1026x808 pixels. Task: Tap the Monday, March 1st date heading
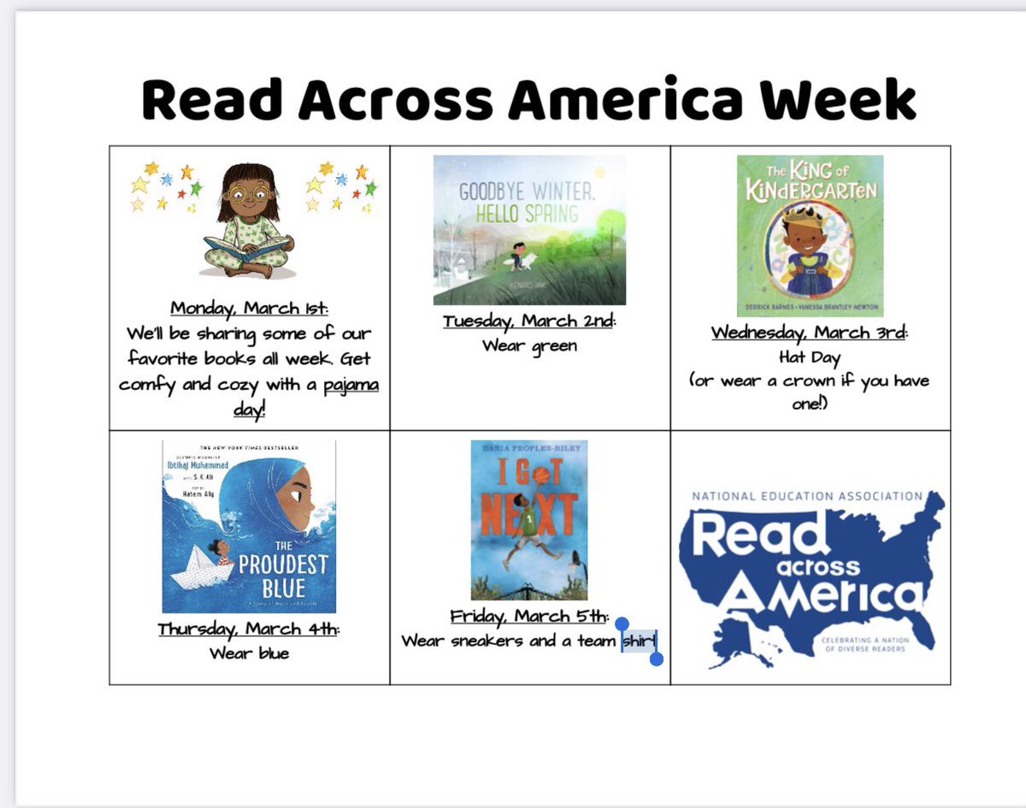click(x=249, y=308)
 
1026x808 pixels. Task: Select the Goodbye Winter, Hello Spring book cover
click(x=529, y=229)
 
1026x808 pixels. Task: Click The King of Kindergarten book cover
click(x=810, y=235)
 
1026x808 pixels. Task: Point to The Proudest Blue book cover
click(x=249, y=526)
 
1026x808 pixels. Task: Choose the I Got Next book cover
click(x=529, y=519)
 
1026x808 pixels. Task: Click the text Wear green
click(x=529, y=345)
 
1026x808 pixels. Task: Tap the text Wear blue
click(x=249, y=653)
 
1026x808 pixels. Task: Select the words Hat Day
click(x=809, y=357)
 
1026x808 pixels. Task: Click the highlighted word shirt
click(x=639, y=641)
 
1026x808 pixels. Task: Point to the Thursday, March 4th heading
click(x=249, y=629)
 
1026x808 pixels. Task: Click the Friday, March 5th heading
click(x=529, y=616)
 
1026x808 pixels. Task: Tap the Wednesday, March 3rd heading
click(x=809, y=333)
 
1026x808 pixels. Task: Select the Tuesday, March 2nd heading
click(x=529, y=321)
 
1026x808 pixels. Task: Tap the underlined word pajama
click(x=351, y=384)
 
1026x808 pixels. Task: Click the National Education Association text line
click(x=806, y=496)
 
